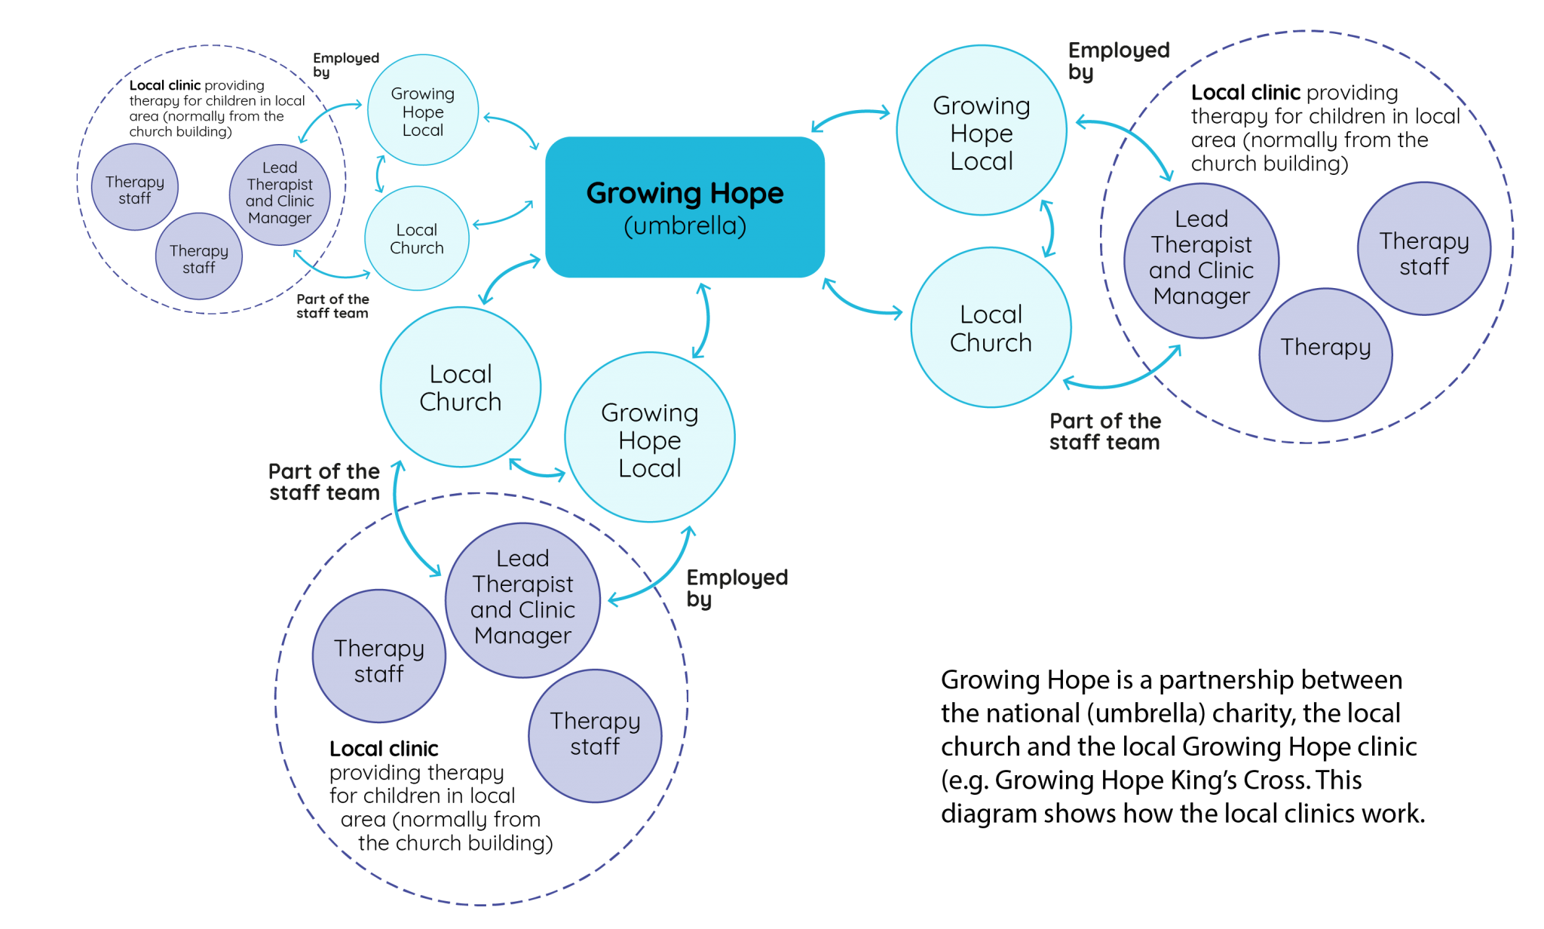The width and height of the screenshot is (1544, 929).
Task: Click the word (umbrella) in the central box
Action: point(685,225)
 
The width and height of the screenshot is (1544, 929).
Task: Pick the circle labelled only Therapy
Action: point(1325,354)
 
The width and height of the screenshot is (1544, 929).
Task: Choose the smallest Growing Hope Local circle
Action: point(422,110)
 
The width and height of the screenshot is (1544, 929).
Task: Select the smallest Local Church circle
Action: point(417,238)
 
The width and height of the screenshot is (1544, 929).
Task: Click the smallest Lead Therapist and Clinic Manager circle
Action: point(280,195)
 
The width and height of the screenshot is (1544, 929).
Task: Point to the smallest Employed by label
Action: point(345,65)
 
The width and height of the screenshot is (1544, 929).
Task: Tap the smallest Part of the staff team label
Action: point(332,306)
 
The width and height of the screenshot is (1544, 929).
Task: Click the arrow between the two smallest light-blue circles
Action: point(380,175)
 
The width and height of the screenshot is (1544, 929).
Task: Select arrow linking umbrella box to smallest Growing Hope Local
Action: point(513,130)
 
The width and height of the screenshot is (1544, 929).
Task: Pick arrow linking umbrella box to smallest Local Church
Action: point(502,216)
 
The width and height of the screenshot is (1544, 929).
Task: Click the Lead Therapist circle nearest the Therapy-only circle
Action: point(1201,260)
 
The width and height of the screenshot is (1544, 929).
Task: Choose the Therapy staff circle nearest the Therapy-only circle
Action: point(1423,249)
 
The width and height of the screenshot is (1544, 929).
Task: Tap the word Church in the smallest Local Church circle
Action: point(417,248)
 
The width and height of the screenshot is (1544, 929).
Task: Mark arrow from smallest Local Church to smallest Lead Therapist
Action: point(329,268)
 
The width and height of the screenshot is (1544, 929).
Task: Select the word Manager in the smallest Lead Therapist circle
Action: point(280,218)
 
